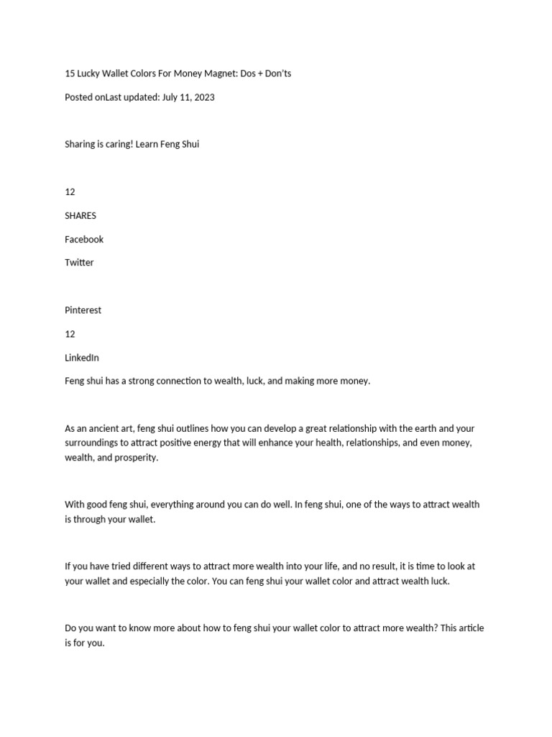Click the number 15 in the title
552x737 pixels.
(70, 73)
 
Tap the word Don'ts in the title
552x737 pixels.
(277, 73)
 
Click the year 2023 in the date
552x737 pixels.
(203, 97)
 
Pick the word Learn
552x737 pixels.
(149, 144)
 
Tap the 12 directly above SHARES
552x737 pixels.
(70, 191)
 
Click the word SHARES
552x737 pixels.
(80, 215)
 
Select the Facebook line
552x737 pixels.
(84, 239)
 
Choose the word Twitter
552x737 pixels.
(79, 263)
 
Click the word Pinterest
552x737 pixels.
(83, 310)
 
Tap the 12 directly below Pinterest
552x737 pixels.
(70, 334)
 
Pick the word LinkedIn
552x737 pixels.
(82, 358)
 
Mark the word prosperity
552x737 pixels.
(135, 458)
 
